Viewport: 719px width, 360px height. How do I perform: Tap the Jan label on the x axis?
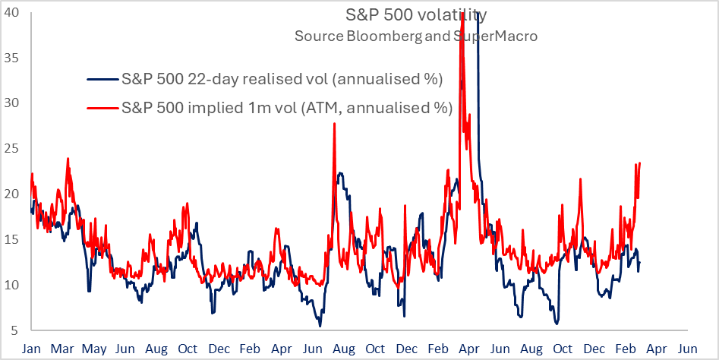(x=31, y=349)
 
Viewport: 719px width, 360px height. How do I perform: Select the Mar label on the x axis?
(x=62, y=349)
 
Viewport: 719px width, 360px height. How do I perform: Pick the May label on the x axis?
(x=94, y=349)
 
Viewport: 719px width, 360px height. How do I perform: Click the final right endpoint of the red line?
(x=641, y=163)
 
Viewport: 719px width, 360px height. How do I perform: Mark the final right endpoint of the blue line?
(x=640, y=263)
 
